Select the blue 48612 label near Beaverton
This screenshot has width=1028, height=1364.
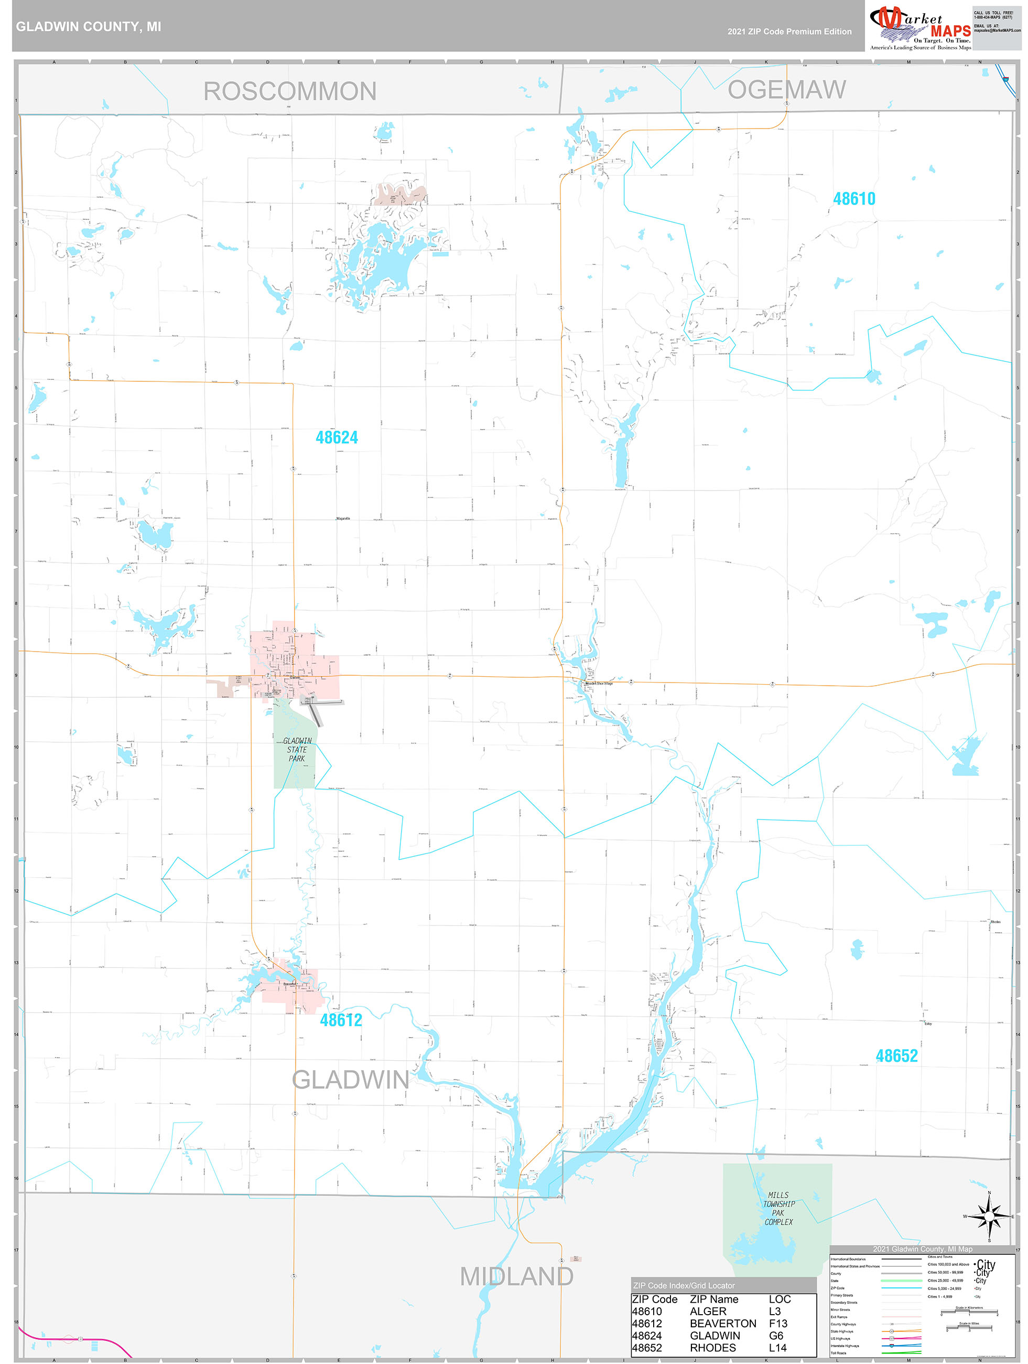click(x=341, y=1019)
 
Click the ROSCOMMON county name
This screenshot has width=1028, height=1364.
click(x=290, y=91)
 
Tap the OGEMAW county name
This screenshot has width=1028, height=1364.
click(x=786, y=90)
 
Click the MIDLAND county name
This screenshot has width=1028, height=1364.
click(x=516, y=1276)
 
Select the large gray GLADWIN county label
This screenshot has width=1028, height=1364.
click(x=350, y=1080)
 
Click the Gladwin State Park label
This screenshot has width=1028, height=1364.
click(x=297, y=749)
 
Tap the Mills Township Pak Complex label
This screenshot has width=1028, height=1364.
click(x=778, y=1208)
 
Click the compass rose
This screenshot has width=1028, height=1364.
click(x=989, y=1216)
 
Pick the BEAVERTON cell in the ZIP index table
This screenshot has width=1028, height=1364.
click(x=722, y=1323)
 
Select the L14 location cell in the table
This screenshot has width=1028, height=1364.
click(x=777, y=1347)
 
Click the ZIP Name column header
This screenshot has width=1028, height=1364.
click(x=713, y=1299)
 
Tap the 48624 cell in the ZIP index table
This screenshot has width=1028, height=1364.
click(x=646, y=1336)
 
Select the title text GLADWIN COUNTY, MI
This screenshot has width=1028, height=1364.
click(x=88, y=27)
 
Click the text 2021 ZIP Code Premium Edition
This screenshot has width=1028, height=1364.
click(x=789, y=31)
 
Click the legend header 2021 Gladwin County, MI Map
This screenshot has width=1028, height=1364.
click(x=922, y=1249)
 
